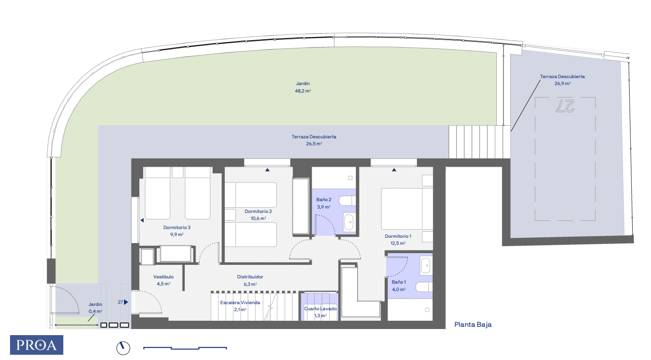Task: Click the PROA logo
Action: (37, 345)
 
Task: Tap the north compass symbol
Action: (123, 348)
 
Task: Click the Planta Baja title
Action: (473, 325)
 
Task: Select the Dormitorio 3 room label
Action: (177, 227)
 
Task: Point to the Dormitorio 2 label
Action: (258, 212)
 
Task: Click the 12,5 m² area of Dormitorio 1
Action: (398, 243)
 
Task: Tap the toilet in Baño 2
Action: (348, 201)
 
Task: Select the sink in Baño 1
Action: (426, 265)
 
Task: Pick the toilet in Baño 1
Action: (424, 287)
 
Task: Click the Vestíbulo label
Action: (163, 277)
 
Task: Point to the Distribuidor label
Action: (250, 277)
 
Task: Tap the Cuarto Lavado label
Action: (320, 309)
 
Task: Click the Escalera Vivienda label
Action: (240, 302)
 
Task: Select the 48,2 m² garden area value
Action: (303, 91)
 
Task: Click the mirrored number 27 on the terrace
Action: (565, 106)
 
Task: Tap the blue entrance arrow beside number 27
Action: (126, 302)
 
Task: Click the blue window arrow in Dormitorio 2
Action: (267, 170)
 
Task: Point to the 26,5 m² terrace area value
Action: (314, 144)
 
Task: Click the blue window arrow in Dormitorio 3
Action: (142, 220)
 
